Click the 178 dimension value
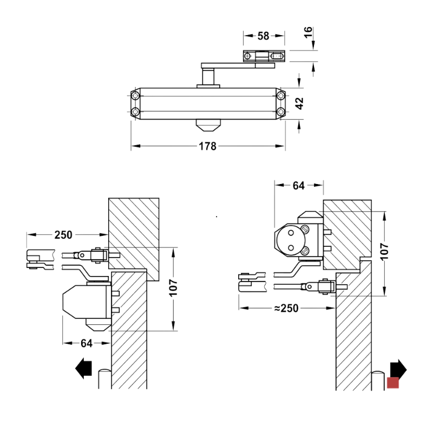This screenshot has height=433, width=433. [208, 146]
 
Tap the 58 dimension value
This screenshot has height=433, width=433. [263, 36]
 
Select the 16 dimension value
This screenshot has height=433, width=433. [308, 32]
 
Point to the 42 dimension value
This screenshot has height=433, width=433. [299, 103]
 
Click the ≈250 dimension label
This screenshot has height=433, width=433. [286, 308]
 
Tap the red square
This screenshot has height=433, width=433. [393, 383]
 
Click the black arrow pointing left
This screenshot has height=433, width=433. [83, 369]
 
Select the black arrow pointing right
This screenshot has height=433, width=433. [398, 369]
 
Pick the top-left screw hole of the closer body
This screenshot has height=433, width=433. [135, 96]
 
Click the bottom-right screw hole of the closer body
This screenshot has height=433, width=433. [280, 112]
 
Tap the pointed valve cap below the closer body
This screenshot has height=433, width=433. [208, 126]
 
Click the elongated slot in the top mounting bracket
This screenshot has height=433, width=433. [276, 56]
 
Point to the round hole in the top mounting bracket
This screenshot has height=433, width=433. [247, 56]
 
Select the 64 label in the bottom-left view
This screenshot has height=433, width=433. [87, 343]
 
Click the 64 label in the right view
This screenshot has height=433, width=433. [299, 185]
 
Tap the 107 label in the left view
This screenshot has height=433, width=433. [173, 288]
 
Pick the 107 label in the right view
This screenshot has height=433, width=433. [384, 252]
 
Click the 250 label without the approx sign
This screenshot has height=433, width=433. [63, 235]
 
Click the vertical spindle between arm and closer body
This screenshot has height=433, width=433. [208, 77]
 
